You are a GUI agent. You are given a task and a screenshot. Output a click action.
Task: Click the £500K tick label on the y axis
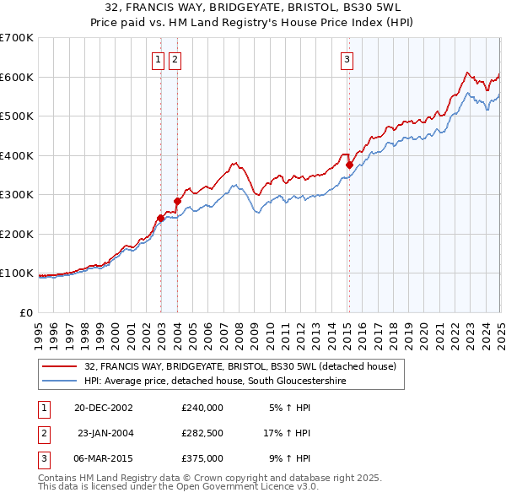17,116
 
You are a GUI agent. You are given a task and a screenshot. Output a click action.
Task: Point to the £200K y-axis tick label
17,234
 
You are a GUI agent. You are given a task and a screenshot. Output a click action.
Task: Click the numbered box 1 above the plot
158,59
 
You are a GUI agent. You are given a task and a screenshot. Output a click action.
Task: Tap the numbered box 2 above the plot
175,59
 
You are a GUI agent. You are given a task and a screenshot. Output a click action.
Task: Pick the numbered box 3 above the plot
347,59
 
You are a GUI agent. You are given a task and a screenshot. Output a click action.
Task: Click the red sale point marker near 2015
349,165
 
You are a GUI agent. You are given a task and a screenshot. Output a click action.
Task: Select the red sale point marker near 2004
178,201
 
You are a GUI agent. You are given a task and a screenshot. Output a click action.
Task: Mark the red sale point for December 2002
160,218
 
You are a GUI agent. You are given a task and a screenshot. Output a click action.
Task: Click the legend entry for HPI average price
215,382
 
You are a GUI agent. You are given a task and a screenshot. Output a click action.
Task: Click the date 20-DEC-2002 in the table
104,407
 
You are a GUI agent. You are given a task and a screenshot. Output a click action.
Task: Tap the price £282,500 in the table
202,433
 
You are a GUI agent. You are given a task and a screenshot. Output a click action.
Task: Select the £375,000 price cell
202,458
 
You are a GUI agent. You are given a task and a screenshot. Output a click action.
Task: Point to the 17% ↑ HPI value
287,433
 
